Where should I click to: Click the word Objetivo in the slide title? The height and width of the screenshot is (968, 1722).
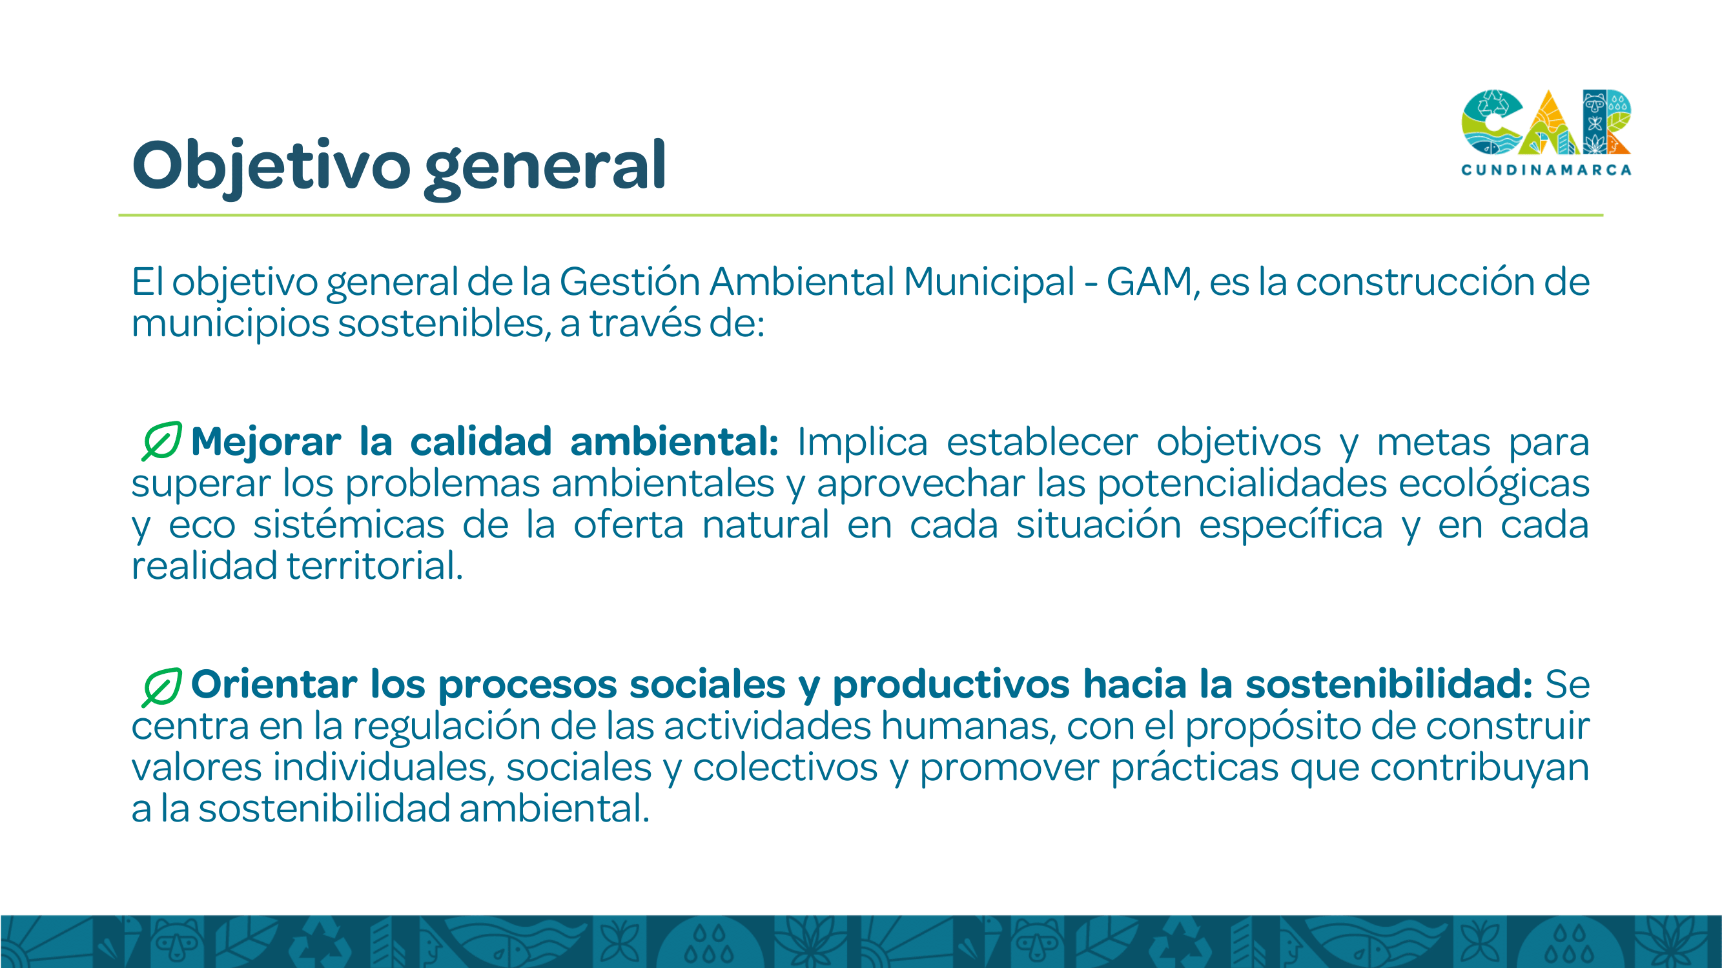[271, 167]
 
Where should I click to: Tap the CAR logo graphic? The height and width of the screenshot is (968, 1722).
[1546, 122]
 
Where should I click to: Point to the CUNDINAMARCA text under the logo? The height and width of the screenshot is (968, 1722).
[1546, 170]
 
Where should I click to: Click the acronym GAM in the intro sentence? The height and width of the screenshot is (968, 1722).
[1149, 281]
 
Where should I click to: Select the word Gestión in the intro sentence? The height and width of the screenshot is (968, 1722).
[629, 281]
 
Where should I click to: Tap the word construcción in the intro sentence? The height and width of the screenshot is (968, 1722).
[1415, 281]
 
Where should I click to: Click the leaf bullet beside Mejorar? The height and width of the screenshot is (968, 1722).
[162, 441]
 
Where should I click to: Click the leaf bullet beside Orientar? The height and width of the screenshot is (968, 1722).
[162, 687]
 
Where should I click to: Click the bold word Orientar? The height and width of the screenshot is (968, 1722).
[274, 684]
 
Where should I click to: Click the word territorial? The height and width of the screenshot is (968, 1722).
[374, 565]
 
